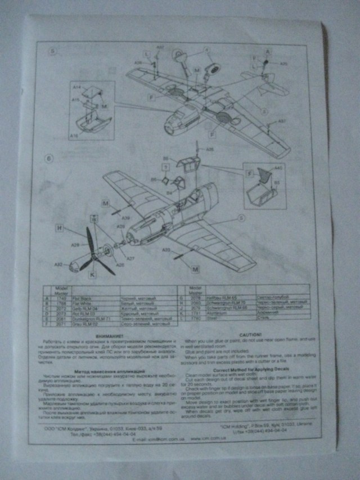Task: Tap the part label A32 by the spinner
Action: point(58,264)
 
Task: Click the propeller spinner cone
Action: point(73,266)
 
